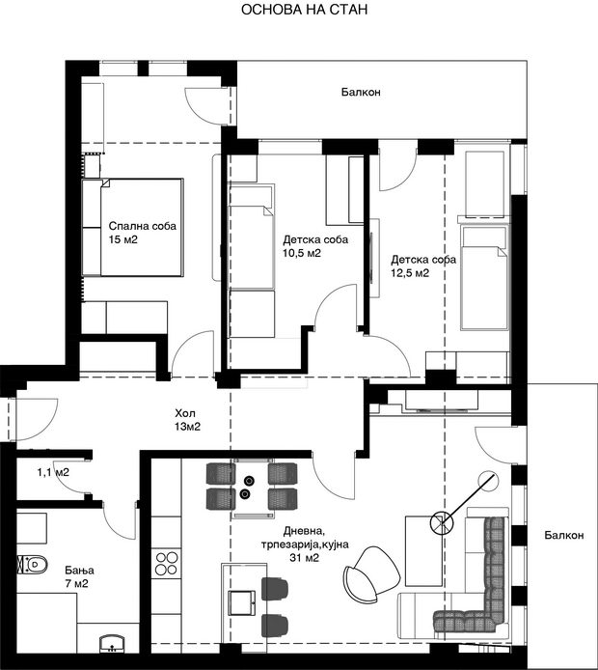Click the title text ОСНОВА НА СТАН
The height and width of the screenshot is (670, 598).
pyautogui.click(x=305, y=10)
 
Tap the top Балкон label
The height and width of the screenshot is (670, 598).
pyautogui.click(x=361, y=92)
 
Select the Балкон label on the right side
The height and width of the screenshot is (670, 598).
pyautogui.click(x=564, y=535)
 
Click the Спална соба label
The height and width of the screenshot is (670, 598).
pyautogui.click(x=142, y=226)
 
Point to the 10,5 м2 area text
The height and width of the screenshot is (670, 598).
pyautogui.click(x=302, y=253)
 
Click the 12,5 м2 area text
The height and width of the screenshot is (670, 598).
pyautogui.click(x=410, y=273)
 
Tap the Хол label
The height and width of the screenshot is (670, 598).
pyautogui.click(x=185, y=413)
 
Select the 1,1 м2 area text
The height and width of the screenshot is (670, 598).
pyautogui.click(x=53, y=473)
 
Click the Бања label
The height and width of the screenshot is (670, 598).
pyautogui.click(x=79, y=570)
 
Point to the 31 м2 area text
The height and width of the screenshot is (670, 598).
pyautogui.click(x=305, y=558)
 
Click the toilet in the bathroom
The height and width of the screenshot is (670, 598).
pyautogui.click(x=33, y=565)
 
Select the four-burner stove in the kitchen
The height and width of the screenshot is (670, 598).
pyautogui.click(x=167, y=563)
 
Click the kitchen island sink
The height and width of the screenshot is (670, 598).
pyautogui.click(x=242, y=603)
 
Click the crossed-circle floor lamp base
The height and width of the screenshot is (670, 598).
pyautogui.click(x=441, y=523)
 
